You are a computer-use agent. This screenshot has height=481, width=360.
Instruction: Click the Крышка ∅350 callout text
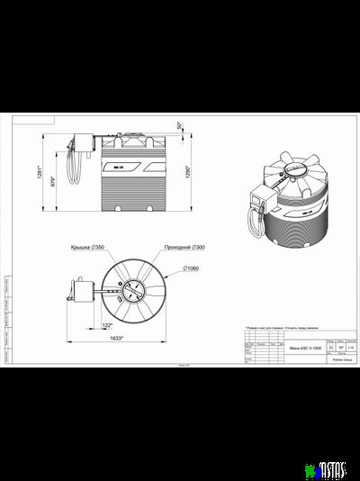tap(86, 246)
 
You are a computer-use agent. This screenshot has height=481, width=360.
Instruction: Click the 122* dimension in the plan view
tap(107, 324)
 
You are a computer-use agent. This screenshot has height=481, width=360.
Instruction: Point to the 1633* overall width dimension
tap(116, 338)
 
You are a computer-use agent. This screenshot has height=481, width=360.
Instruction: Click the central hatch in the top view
tap(133, 290)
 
